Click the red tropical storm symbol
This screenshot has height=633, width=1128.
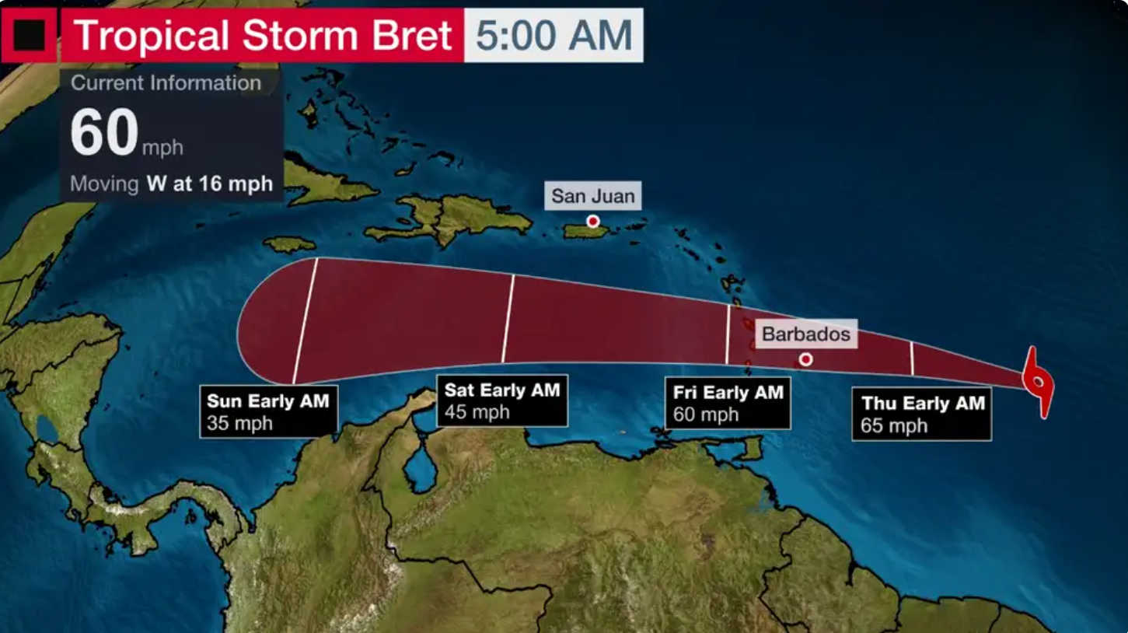pyautogui.click(x=1039, y=382)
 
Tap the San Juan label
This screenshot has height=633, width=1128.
pyautogui.click(x=593, y=196)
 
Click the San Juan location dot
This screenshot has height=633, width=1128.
pyautogui.click(x=593, y=222)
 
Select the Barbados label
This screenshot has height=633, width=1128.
pyautogui.click(x=806, y=334)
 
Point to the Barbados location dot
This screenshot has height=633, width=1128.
pyautogui.click(x=806, y=359)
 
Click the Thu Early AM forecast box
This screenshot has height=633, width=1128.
pyautogui.click(x=921, y=414)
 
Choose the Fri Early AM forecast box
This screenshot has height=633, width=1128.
pyautogui.click(x=728, y=404)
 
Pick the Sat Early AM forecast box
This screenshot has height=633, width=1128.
pyautogui.click(x=502, y=400)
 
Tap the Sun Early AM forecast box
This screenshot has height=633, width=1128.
pyautogui.click(x=268, y=411)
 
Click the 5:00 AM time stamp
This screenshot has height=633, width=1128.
pyautogui.click(x=554, y=35)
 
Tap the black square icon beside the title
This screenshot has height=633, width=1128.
pyautogui.click(x=29, y=35)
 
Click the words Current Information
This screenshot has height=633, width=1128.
pyautogui.click(x=166, y=83)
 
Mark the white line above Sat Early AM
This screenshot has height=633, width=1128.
pyautogui.click(x=508, y=319)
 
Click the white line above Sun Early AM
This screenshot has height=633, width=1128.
pyautogui.click(x=306, y=320)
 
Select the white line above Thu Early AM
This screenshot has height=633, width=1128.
pyautogui.click(x=912, y=358)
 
